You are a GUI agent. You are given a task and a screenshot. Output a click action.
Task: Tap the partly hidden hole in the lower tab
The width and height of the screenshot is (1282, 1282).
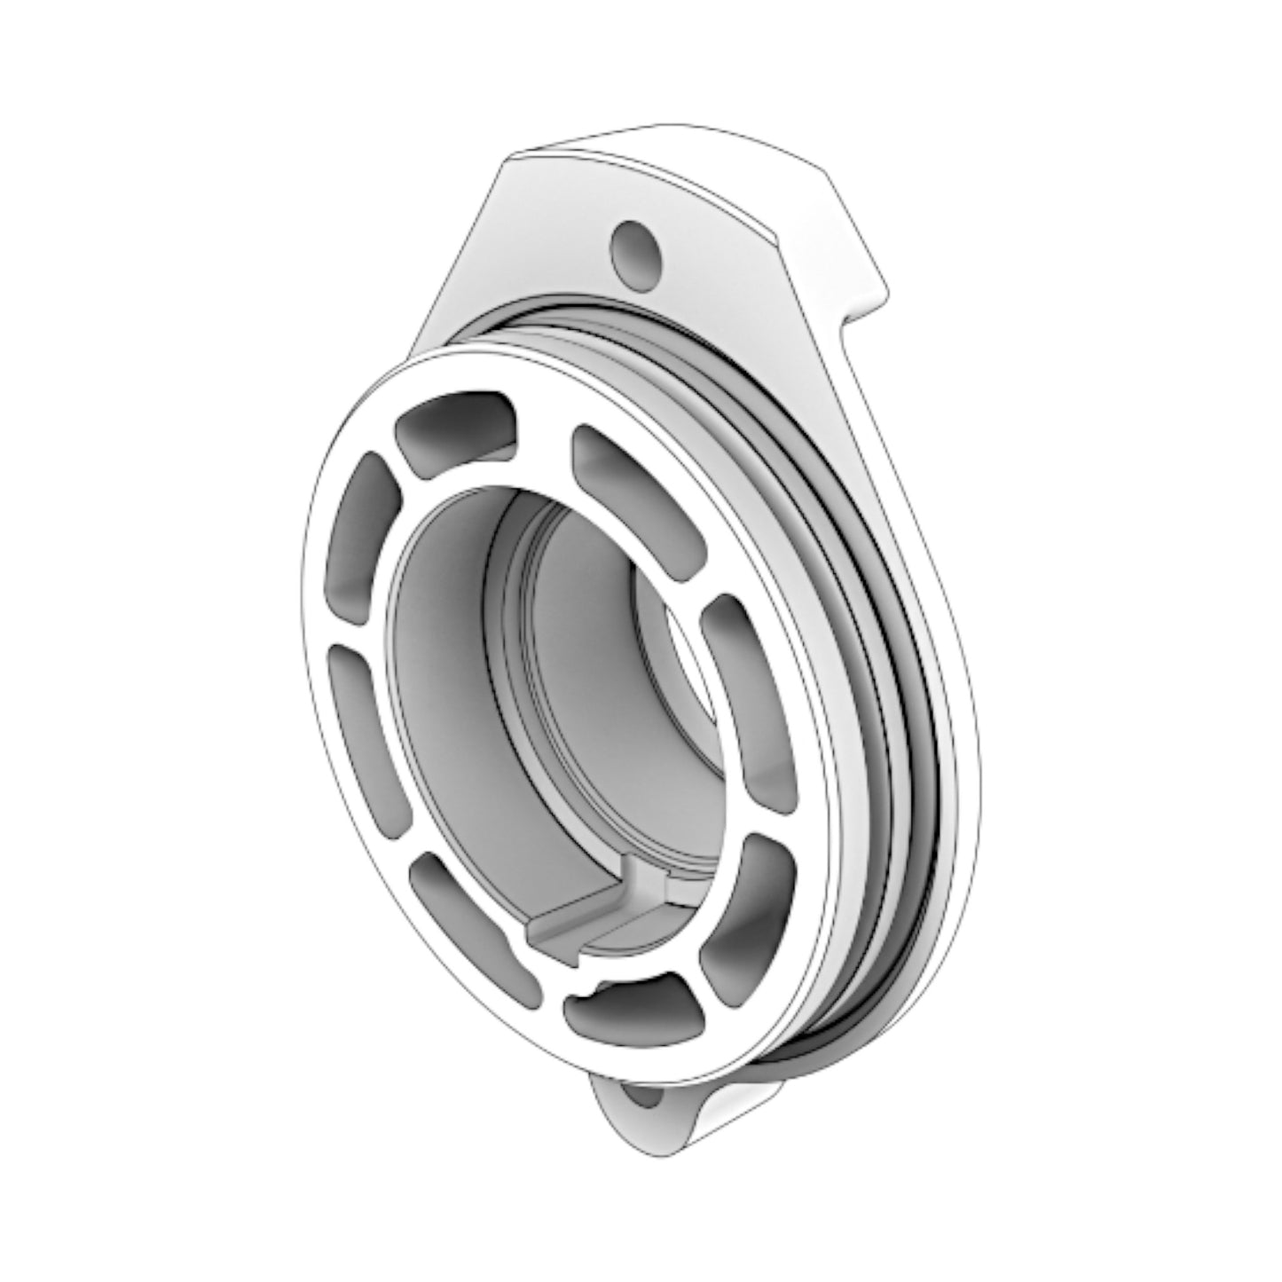point(645,1097)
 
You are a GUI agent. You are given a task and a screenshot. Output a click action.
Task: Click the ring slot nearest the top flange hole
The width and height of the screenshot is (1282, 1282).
point(455,428)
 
